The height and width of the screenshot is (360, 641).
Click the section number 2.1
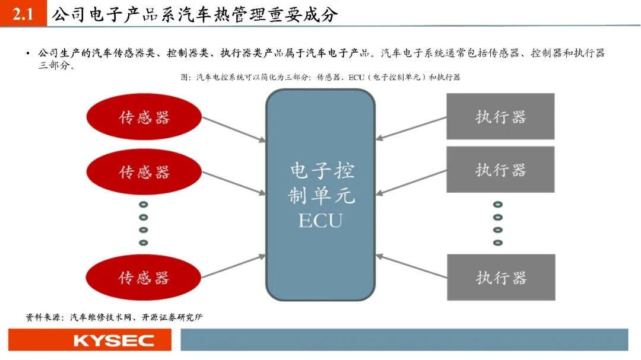click(23, 14)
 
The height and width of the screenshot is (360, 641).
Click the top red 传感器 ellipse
click(144, 117)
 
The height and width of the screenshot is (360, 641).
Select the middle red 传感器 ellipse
click(144, 172)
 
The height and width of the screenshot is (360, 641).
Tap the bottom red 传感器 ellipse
click(144, 278)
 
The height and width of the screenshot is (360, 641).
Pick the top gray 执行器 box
click(500, 116)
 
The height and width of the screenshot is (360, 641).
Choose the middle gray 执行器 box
click(500, 170)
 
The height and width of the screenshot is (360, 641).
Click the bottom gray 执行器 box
click(500, 277)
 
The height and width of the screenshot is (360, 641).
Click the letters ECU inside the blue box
click(320, 221)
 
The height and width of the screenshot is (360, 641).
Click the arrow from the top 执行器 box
click(411, 128)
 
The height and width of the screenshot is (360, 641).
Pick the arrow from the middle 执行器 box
click(411, 182)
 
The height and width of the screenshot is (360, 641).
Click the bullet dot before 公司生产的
click(27, 53)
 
